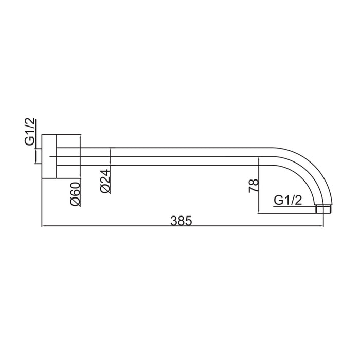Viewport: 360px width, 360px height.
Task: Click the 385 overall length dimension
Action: pyautogui.click(x=181, y=221)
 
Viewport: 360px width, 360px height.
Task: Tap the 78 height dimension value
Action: pyautogui.click(x=254, y=186)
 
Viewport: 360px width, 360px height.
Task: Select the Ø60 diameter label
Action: pyautogui.click(x=76, y=194)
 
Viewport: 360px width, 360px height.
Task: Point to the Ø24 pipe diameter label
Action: pyautogui.click(x=105, y=182)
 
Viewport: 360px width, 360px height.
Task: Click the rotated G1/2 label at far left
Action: pyautogui.click(x=30, y=131)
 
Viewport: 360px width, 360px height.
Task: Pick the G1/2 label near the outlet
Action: pyautogui.click(x=287, y=201)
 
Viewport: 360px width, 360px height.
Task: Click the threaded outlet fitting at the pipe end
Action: pyautogui.click(x=323, y=209)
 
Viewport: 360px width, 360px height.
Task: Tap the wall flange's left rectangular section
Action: pyautogui.click(x=49, y=156)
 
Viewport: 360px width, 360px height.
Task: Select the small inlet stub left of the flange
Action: pyautogui.click(x=39, y=156)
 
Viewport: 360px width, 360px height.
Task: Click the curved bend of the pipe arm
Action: pyautogui.click(x=317, y=168)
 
